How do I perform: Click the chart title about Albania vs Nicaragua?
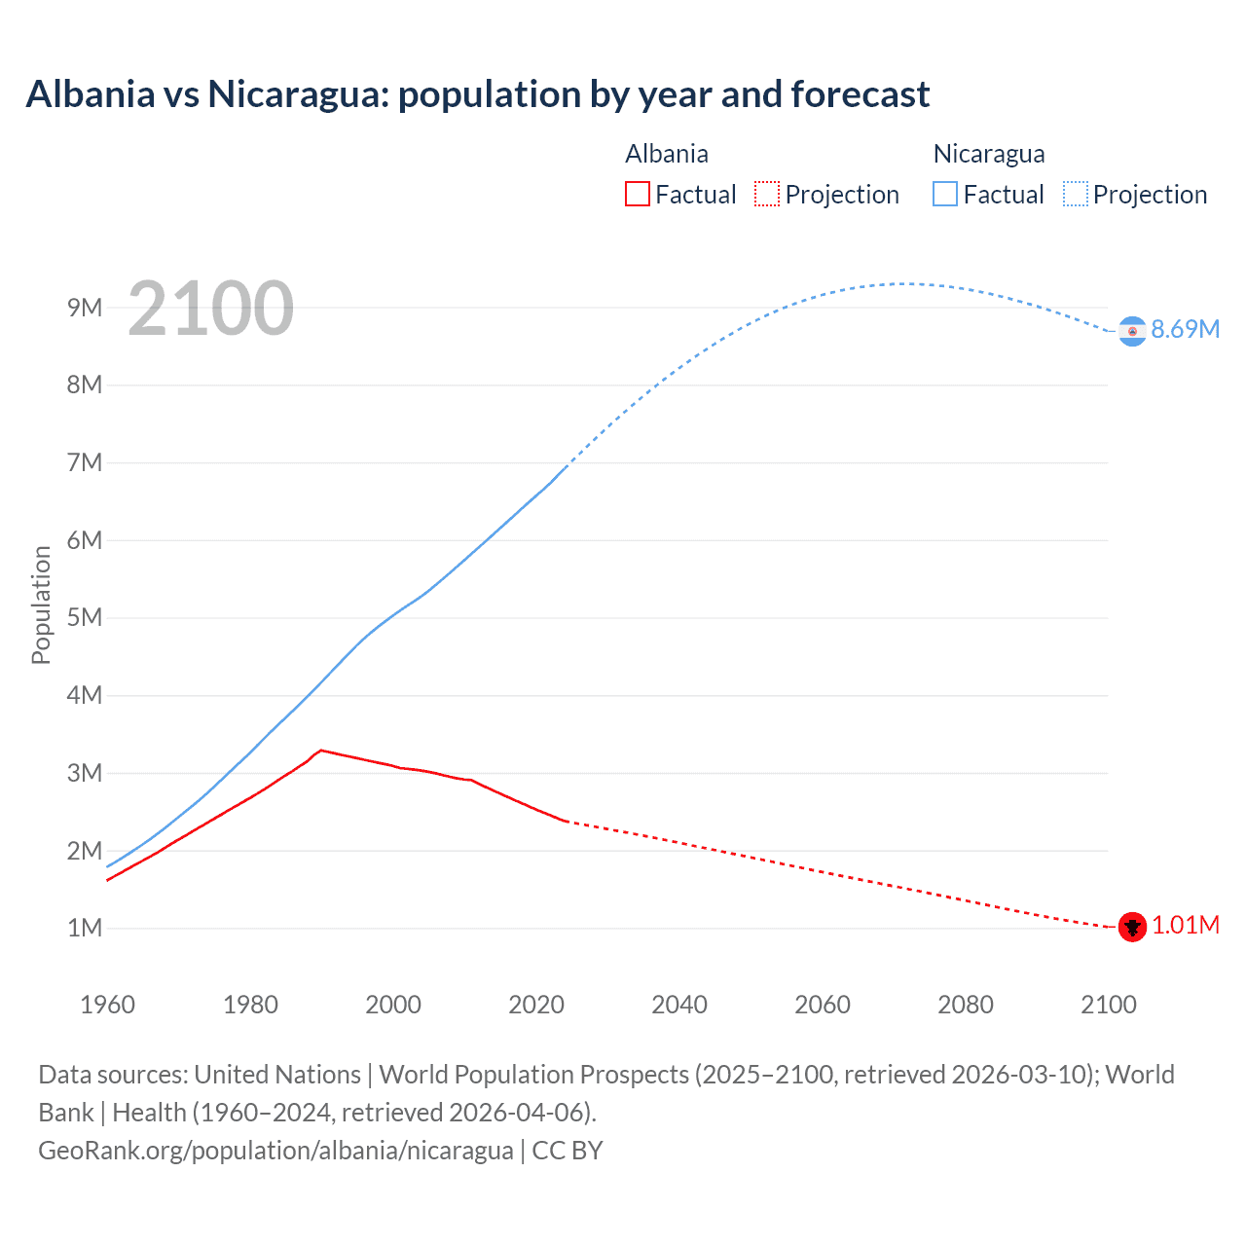tap(477, 94)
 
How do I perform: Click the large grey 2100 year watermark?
tap(210, 309)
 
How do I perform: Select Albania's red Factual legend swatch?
tap(637, 194)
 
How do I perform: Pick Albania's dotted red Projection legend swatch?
tap(766, 194)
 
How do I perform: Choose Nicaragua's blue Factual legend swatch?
tap(944, 194)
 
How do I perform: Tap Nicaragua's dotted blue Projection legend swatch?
tap(1075, 194)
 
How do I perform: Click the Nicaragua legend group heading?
tap(988, 154)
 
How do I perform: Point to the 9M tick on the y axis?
tap(85, 308)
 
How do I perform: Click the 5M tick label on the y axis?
tap(85, 617)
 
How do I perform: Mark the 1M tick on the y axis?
tap(85, 928)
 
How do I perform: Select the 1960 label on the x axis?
tap(107, 1005)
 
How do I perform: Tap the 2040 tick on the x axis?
tap(679, 1005)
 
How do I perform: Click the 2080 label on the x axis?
tap(965, 1005)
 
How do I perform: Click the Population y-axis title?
tap(41, 605)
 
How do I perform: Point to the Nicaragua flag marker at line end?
tap(1131, 331)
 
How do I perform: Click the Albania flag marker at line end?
tap(1131, 927)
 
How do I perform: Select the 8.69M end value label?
tap(1185, 329)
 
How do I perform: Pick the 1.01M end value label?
tap(1185, 925)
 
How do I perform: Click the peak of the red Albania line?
tap(321, 750)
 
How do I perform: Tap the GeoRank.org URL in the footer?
tap(275, 1150)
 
